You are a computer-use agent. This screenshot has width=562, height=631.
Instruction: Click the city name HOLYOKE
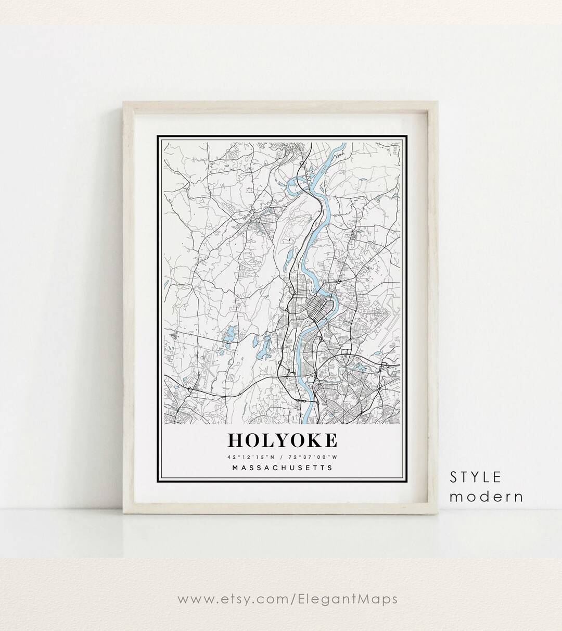point(282,440)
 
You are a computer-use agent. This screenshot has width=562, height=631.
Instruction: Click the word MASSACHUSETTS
point(282,468)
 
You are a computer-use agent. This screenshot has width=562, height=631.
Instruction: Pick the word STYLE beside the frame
point(476,477)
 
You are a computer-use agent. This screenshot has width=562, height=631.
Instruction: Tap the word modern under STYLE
point(486,497)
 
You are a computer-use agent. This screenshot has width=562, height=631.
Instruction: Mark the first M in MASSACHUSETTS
point(236,468)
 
